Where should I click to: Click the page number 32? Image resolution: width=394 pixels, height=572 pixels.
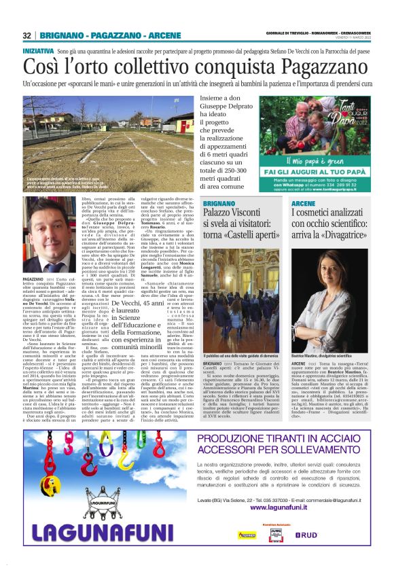point(26,35)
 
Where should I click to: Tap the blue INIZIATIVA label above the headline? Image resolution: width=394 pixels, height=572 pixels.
point(39,51)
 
